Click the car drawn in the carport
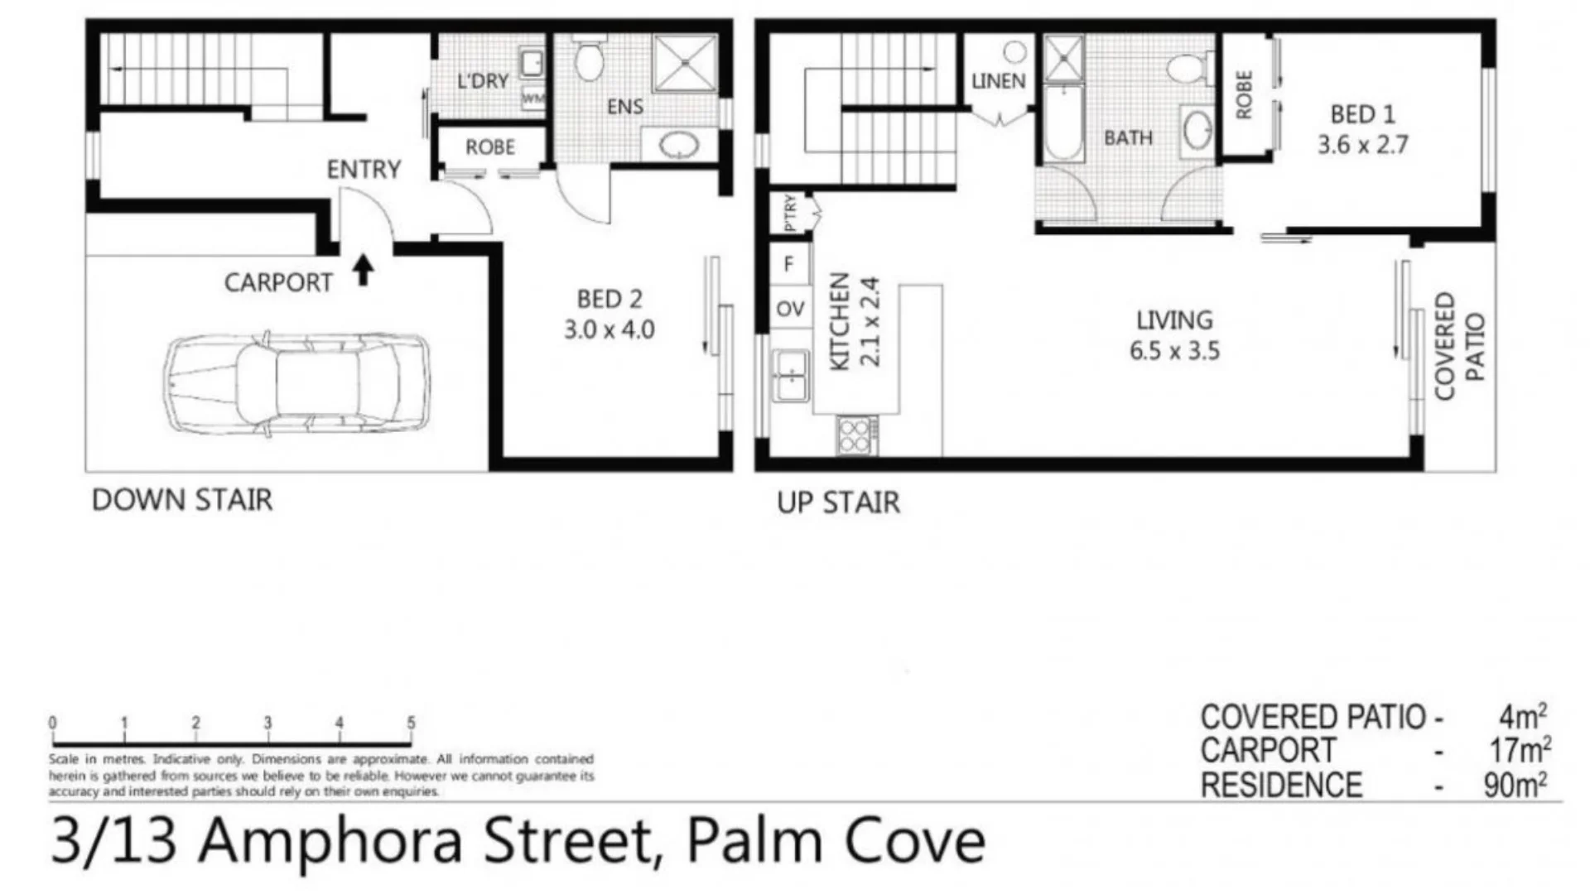[x=296, y=384]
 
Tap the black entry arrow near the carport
[x=363, y=270]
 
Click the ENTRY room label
[x=364, y=170]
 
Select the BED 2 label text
[x=609, y=299]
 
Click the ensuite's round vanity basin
[x=679, y=146]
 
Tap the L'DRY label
[x=483, y=81]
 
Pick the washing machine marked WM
[x=533, y=99]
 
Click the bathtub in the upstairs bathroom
[x=1063, y=124]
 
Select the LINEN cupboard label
[x=999, y=81]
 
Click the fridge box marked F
[x=789, y=263]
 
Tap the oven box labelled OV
[x=790, y=309]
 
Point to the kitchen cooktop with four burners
[x=857, y=435]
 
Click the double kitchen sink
[x=791, y=376]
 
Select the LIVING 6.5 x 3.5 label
[x=1174, y=335]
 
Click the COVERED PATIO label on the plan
[x=1460, y=346]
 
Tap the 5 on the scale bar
[x=411, y=723]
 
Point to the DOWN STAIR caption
[x=182, y=500]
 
